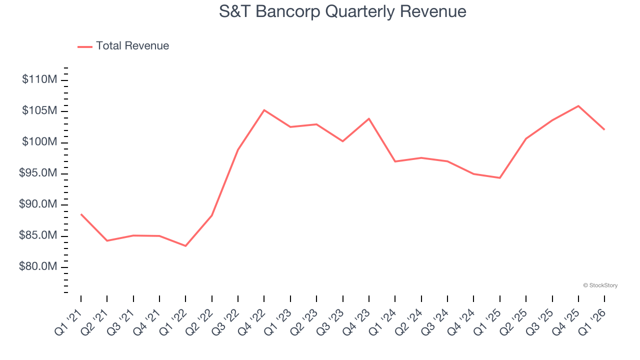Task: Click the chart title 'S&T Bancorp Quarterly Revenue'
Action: [342, 11]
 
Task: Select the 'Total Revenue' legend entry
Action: [132, 46]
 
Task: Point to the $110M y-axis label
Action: [39, 79]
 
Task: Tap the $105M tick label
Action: [39, 111]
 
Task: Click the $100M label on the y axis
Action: [39, 142]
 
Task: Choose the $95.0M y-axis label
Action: [37, 173]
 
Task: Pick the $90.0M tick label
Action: [37, 204]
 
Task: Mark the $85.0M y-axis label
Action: [37, 236]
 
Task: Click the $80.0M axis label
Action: [37, 267]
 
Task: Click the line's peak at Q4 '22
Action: [264, 110]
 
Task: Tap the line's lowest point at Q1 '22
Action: [185, 246]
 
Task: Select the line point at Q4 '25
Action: [578, 106]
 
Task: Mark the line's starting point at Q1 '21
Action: [81, 214]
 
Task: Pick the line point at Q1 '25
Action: [499, 178]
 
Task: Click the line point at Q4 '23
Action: [369, 118]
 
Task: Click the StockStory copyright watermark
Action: [600, 285]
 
